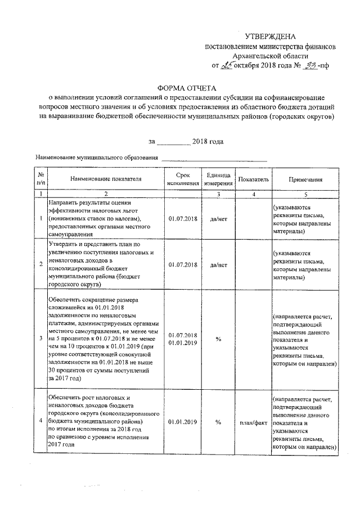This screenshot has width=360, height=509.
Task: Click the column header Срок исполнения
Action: [x=183, y=179]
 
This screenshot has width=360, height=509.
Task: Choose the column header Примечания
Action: [x=305, y=180]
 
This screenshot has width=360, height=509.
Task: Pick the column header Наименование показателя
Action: [x=106, y=180]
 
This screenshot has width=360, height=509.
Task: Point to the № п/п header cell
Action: [x=40, y=179]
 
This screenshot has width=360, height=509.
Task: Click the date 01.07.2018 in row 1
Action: [x=183, y=218]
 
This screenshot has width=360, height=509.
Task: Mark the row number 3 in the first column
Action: [x=40, y=339]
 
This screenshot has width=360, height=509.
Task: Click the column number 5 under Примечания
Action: [x=305, y=194]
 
